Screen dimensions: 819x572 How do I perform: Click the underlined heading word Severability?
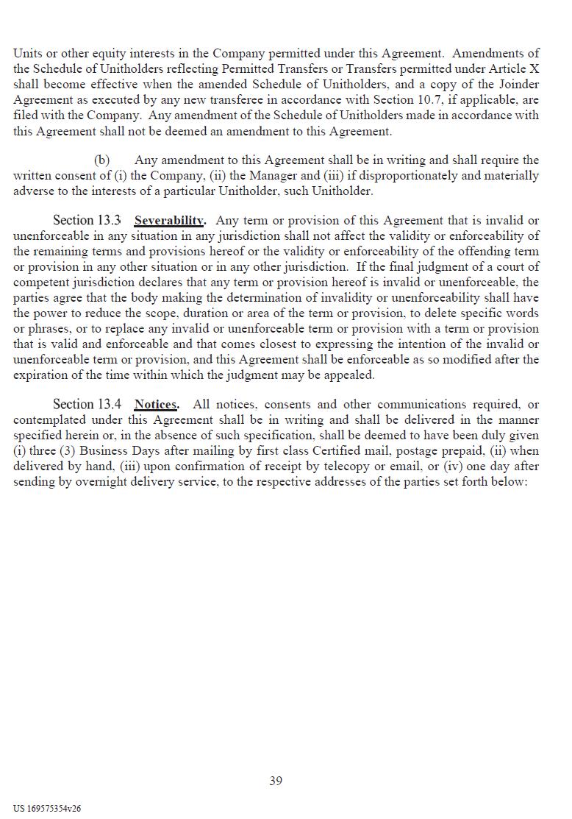pyautogui.click(x=169, y=221)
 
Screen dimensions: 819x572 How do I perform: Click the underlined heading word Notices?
pyautogui.click(x=155, y=405)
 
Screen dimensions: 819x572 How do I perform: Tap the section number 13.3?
pyautogui.click(x=109, y=221)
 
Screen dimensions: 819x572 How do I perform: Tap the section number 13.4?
pyautogui.click(x=109, y=405)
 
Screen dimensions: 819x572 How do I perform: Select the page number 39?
pyautogui.click(x=276, y=781)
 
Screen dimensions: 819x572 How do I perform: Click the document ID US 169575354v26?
pyautogui.click(x=47, y=808)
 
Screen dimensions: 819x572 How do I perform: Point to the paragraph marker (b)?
pyautogui.click(x=102, y=160)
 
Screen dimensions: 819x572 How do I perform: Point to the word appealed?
pyautogui.click(x=348, y=375)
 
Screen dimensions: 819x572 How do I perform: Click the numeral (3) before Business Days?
pyautogui.click(x=66, y=451)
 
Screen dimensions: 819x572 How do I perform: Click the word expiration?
pyautogui.click(x=42, y=375)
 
